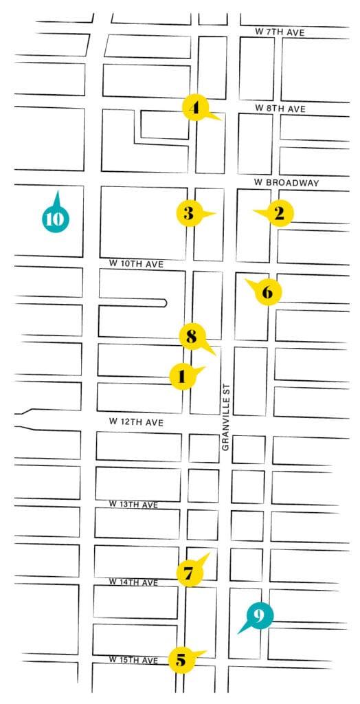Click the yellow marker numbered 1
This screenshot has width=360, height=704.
tap(182, 376)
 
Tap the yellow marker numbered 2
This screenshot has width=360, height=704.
tap(278, 213)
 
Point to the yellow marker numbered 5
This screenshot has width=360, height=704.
tap(181, 661)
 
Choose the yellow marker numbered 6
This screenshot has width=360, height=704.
tap(267, 292)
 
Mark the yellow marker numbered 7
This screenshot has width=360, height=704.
tap(189, 573)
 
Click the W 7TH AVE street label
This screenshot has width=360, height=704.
tap(279, 32)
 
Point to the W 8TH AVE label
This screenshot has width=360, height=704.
tap(279, 109)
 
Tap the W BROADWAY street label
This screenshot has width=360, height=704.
tap(286, 183)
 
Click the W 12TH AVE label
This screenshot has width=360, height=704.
tap(135, 422)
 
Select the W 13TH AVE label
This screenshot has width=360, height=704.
tap(134, 505)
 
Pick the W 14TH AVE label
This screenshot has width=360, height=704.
tap(133, 582)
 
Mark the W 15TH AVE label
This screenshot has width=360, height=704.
tap(133, 660)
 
